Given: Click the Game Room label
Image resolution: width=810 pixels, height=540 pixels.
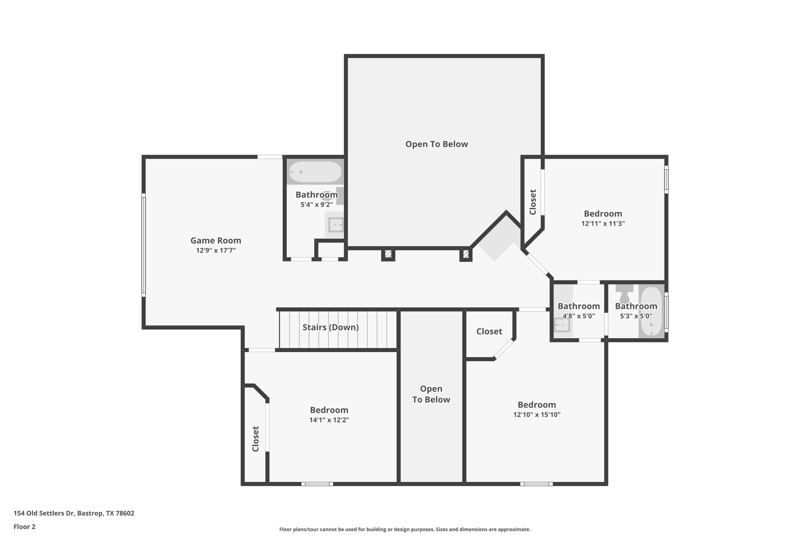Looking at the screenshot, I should coord(216,241).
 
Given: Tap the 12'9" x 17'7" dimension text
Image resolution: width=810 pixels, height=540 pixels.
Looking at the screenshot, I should coord(216,250).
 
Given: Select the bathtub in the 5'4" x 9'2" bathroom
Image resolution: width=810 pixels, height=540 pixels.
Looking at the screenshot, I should coord(315,172).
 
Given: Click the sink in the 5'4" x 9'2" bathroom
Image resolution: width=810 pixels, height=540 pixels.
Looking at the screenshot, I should coord(336,225).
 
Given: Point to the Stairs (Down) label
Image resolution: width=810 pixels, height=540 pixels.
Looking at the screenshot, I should coord(330,328).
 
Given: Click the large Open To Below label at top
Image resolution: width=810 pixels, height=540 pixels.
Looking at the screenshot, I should coord(436,144).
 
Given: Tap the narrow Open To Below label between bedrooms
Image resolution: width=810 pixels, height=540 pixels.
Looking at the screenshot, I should coord(431,394).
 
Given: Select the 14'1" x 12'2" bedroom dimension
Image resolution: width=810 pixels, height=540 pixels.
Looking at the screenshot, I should coord(329,420).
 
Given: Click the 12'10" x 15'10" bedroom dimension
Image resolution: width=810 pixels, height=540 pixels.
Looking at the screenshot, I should coord(537,415).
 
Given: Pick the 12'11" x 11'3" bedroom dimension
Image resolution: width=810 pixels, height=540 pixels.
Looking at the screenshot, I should coord(602,224).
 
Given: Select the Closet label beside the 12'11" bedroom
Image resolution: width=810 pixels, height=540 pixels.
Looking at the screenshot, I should coord(533,202).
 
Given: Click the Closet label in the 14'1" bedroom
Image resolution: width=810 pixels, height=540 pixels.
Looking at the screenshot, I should coord(255,439).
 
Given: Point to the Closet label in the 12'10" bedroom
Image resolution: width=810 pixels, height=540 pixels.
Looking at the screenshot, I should coord(489,332).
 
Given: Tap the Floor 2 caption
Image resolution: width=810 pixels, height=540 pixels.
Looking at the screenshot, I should coord(25,527).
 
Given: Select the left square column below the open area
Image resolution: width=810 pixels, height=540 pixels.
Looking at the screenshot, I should coord(388,254).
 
